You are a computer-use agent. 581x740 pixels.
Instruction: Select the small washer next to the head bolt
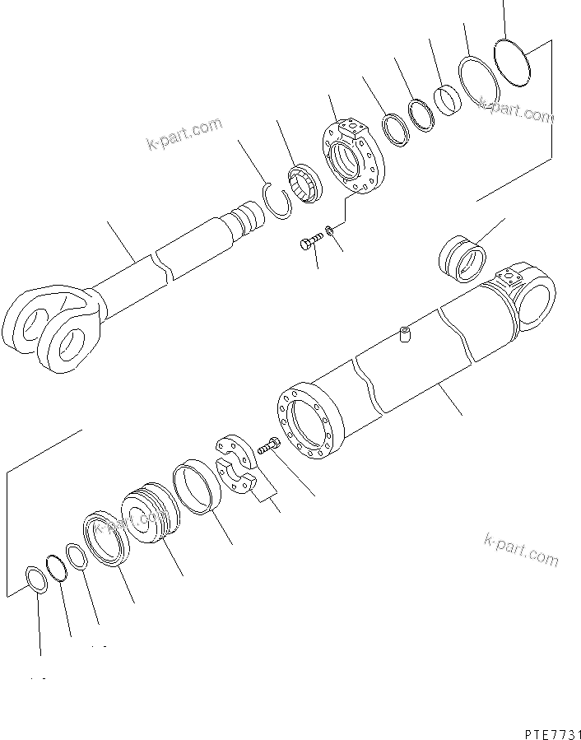pos(330,230)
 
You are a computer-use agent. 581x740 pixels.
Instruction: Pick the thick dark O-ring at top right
pos(515,61)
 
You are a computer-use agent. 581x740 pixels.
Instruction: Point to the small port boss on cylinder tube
pos(405,335)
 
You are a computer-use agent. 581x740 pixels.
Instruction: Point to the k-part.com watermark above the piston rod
pos(185,134)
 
